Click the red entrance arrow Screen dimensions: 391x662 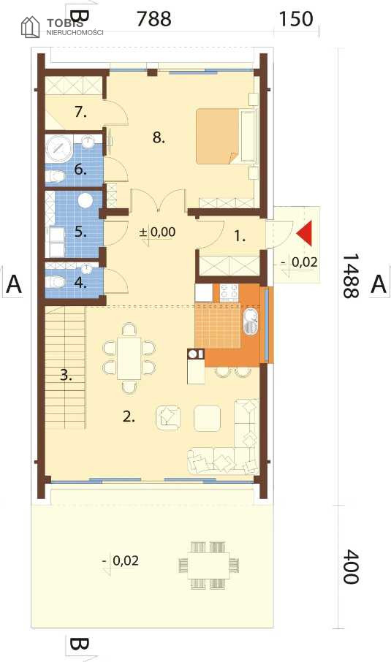click(305, 233)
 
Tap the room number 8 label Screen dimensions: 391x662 click(159, 137)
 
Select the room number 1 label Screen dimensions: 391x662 click(240, 237)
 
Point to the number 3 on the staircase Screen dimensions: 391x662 click(66, 375)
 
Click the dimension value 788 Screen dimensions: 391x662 click(153, 18)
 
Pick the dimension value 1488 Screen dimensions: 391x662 click(350, 276)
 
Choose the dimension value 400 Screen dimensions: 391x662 click(350, 567)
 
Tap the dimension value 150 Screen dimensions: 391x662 click(296, 18)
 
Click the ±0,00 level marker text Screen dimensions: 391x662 click(157, 232)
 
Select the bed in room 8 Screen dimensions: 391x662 click(226, 136)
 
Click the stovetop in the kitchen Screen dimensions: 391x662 click(229, 292)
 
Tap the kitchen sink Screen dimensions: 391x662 click(251, 321)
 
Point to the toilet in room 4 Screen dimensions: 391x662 click(56, 281)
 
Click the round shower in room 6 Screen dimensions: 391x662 click(58, 148)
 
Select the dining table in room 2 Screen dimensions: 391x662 click(129, 358)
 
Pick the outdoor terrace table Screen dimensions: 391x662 click(208, 565)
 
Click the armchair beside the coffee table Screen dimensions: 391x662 click(168, 417)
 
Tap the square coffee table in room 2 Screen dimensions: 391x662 click(207, 418)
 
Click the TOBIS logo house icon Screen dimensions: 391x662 click(31, 26)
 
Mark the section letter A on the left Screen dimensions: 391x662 click(13, 284)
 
